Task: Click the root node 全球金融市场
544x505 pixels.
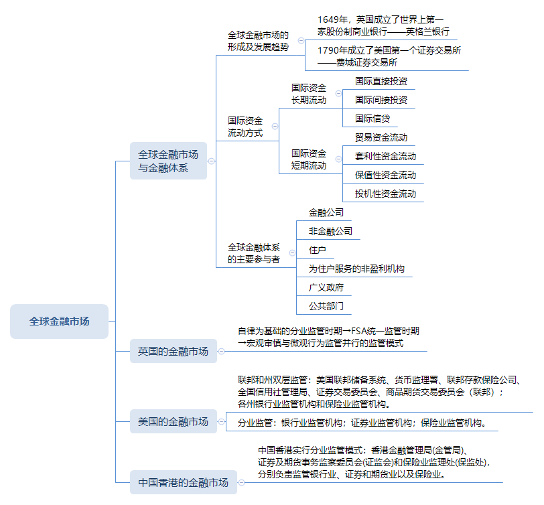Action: [x=59, y=321]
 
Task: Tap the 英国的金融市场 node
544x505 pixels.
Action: [x=174, y=350]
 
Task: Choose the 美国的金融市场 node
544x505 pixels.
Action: [x=174, y=421]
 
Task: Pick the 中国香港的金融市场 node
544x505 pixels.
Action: [x=183, y=482]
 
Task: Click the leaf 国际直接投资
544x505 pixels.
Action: [x=381, y=81]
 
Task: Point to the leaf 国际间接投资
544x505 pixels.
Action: [x=381, y=100]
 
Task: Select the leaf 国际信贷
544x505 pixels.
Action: [x=372, y=119]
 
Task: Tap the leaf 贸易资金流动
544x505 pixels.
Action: [x=381, y=137]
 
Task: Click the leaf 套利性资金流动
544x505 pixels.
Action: [x=385, y=156]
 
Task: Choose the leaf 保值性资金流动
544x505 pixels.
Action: [x=385, y=175]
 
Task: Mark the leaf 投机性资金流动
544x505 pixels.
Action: [x=385, y=194]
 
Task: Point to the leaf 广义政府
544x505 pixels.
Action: [x=326, y=287]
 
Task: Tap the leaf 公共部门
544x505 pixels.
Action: [x=326, y=306]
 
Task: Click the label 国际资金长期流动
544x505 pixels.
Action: [x=309, y=94]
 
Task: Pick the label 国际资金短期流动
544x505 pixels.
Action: [x=309, y=159]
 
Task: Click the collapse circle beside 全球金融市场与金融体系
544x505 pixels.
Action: [x=212, y=161]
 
